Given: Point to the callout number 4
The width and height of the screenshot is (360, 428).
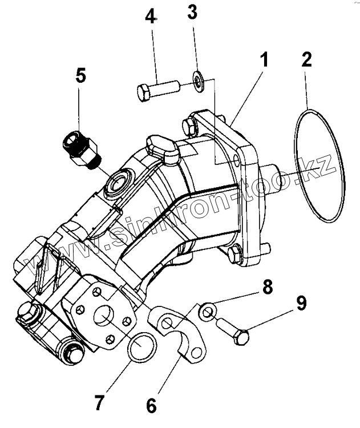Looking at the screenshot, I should [150, 16].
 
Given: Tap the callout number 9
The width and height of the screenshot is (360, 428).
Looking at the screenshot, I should [300, 303].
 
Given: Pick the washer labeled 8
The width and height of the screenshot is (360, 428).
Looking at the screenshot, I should [208, 311].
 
